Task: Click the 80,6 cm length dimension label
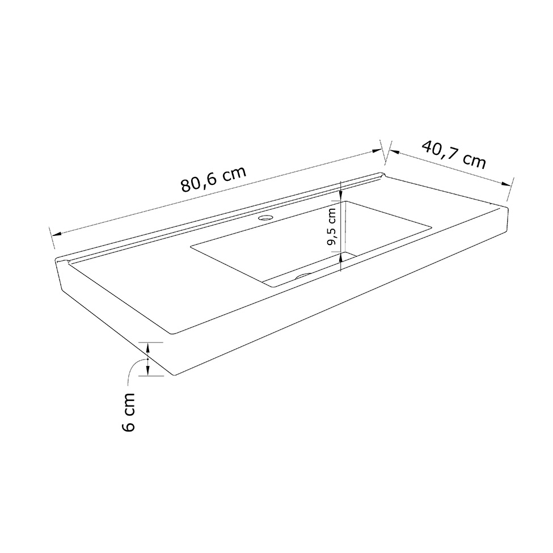tap(213, 179)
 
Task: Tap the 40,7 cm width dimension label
tap(454, 154)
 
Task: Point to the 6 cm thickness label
tap(128, 412)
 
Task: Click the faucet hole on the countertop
tap(265, 218)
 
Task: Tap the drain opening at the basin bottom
tap(303, 276)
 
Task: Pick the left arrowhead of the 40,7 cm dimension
tap(394, 151)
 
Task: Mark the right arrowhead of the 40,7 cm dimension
tap(505, 184)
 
